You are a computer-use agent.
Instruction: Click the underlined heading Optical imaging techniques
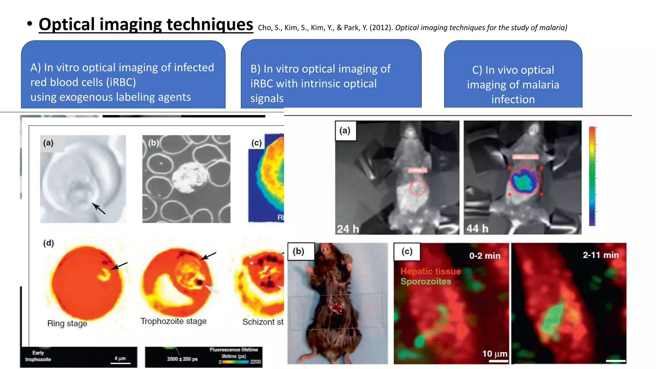coord(146,24)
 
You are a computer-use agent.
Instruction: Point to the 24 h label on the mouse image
coord(348,229)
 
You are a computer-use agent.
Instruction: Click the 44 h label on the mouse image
coord(477,228)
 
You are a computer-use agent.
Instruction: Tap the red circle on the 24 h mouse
coord(417,188)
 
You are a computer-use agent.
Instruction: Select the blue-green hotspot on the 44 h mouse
coord(523,181)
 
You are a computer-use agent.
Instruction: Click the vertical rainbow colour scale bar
coord(592,176)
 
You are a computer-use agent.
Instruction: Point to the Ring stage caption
coord(67,324)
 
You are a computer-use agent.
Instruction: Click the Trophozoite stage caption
coord(173,321)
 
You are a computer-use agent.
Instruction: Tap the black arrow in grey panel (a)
coord(99,209)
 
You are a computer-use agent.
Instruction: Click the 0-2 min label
coord(485,256)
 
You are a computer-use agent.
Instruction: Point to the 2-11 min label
coord(601,255)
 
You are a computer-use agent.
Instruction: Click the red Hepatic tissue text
coord(430,271)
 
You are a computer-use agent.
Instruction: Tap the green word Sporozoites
coord(426,282)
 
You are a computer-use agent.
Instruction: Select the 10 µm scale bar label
coord(495,354)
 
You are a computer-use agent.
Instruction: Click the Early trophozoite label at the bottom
coord(38,356)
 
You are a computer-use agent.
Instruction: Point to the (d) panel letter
coord(49,243)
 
